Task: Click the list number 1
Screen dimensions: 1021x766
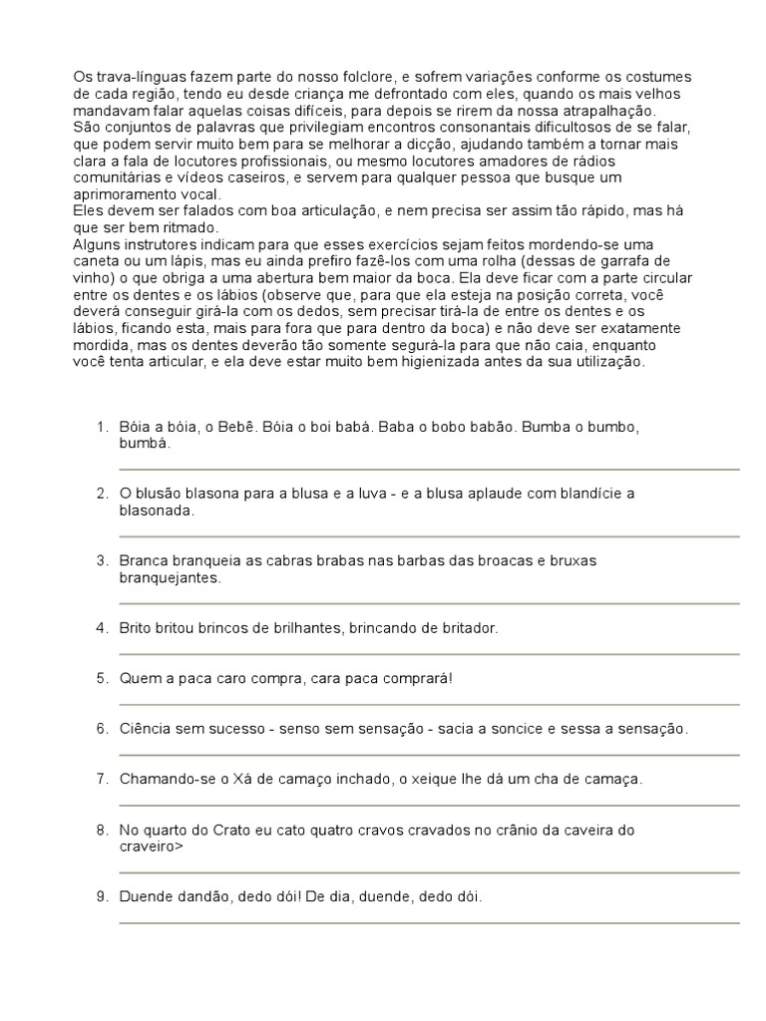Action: [101, 427]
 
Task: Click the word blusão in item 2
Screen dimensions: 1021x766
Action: [158, 494]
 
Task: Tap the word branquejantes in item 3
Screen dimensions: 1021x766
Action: [170, 577]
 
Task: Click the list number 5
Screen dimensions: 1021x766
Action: [101, 678]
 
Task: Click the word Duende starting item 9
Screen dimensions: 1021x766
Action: [146, 896]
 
